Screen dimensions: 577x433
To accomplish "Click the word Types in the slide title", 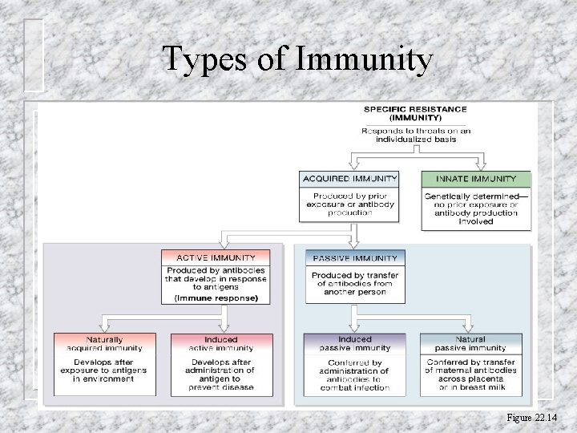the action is tap(204, 60).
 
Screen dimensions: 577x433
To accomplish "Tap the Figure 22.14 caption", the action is tap(531, 418).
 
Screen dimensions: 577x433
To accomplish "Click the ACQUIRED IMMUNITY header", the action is tap(349, 178).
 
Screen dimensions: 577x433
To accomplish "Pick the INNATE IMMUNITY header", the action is tap(476, 178).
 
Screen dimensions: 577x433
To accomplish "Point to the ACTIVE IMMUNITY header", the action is tap(216, 257).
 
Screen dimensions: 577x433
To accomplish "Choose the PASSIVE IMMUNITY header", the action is tap(355, 258).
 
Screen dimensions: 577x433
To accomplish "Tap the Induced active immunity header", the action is tap(221, 343).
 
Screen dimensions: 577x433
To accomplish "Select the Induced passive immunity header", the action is tap(354, 343).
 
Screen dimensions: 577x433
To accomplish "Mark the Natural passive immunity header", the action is tap(470, 343).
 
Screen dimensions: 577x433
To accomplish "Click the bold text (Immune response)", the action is tap(216, 297).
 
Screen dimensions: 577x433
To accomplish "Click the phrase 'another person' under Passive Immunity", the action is tap(355, 292).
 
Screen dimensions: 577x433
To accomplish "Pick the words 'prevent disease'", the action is tap(221, 387).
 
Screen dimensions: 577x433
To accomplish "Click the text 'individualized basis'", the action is tap(415, 139).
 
